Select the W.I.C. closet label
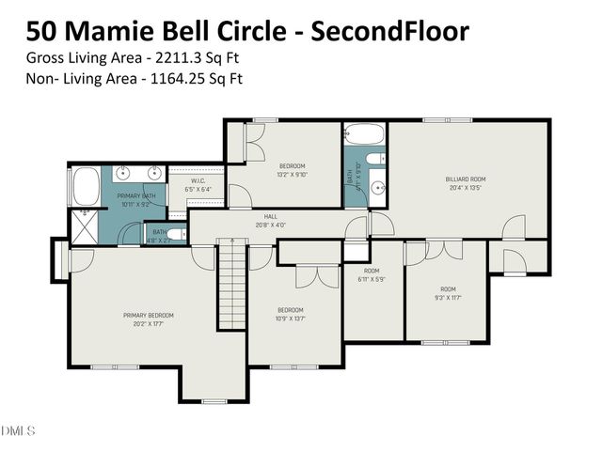tap(198, 181)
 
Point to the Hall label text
tap(270, 216)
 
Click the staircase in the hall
tap(231, 282)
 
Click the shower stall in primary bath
tap(86, 226)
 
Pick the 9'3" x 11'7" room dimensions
tap(448, 298)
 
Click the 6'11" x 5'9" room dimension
tap(372, 279)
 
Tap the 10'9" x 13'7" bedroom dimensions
tap(290, 319)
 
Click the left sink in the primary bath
tap(121, 173)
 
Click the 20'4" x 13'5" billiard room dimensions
tap(465, 186)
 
